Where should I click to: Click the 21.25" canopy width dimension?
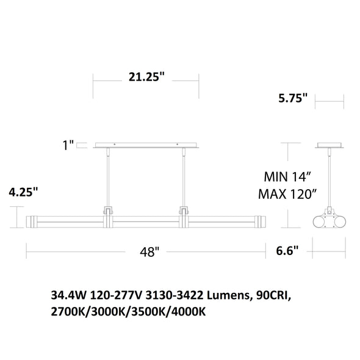147,77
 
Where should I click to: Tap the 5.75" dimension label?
293,98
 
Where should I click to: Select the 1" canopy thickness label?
68,145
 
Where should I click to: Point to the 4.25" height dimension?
23,192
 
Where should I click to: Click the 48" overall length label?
149,252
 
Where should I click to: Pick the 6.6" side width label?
287,251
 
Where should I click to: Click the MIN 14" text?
287,177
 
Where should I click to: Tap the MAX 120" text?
287,194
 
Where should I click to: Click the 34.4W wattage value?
69,295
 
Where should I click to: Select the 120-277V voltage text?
116,295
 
